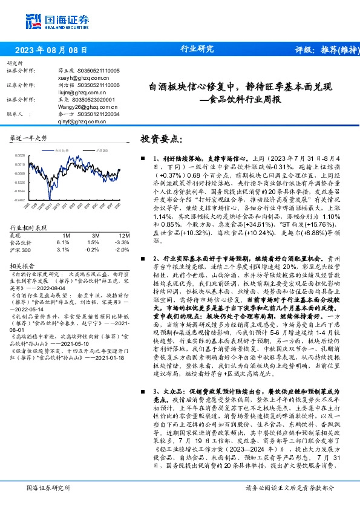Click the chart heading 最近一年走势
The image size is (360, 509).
point(28,138)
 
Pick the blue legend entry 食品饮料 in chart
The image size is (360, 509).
point(62,149)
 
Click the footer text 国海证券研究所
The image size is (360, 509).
point(49,487)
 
